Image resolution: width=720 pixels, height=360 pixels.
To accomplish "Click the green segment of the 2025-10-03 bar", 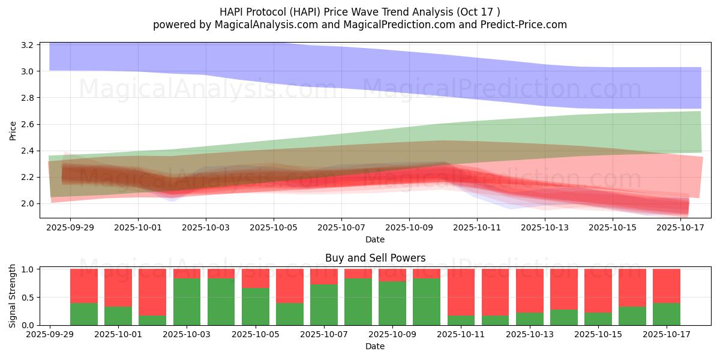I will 187,302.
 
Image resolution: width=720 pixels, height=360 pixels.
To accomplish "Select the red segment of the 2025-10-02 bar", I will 152,292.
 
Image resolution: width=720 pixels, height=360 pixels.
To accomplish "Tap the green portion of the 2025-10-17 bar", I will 667,314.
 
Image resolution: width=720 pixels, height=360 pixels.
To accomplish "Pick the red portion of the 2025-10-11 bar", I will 461,292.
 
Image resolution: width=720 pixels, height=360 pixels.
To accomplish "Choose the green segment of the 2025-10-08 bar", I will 358,302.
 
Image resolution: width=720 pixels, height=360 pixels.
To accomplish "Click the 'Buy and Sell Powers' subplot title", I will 375,258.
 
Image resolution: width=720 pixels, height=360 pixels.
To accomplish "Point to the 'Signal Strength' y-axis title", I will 13,296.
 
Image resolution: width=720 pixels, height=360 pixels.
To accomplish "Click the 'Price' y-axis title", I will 13,130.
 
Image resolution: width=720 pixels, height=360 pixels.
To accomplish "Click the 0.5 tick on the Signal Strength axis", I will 28,297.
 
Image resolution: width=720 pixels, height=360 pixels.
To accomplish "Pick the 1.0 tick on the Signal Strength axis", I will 28,269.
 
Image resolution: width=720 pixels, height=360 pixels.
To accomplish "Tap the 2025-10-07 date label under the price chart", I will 341,227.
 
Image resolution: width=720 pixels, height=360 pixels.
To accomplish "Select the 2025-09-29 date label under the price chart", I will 70,227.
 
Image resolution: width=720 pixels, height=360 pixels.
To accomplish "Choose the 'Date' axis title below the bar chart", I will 375,346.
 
